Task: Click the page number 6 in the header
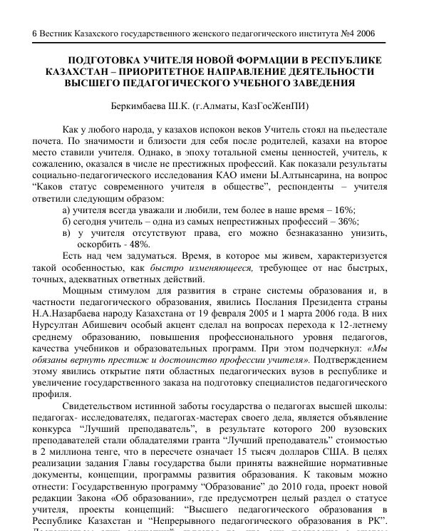pyautogui.click(x=36, y=33)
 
